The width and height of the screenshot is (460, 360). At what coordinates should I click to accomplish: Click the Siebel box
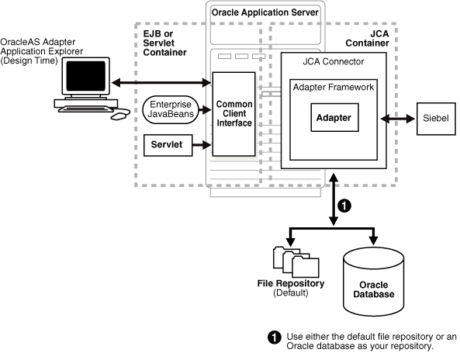[x=437, y=119]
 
